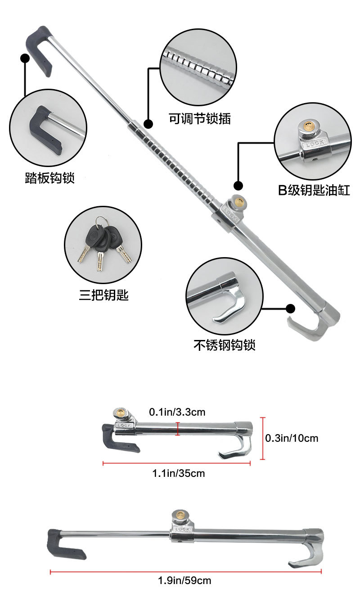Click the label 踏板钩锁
49,178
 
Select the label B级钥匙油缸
314,190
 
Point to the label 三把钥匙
103,295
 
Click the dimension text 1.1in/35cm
178,473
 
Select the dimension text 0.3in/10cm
292,438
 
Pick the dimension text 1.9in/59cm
184,580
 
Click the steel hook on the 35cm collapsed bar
235,447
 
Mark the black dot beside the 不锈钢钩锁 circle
291,309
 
